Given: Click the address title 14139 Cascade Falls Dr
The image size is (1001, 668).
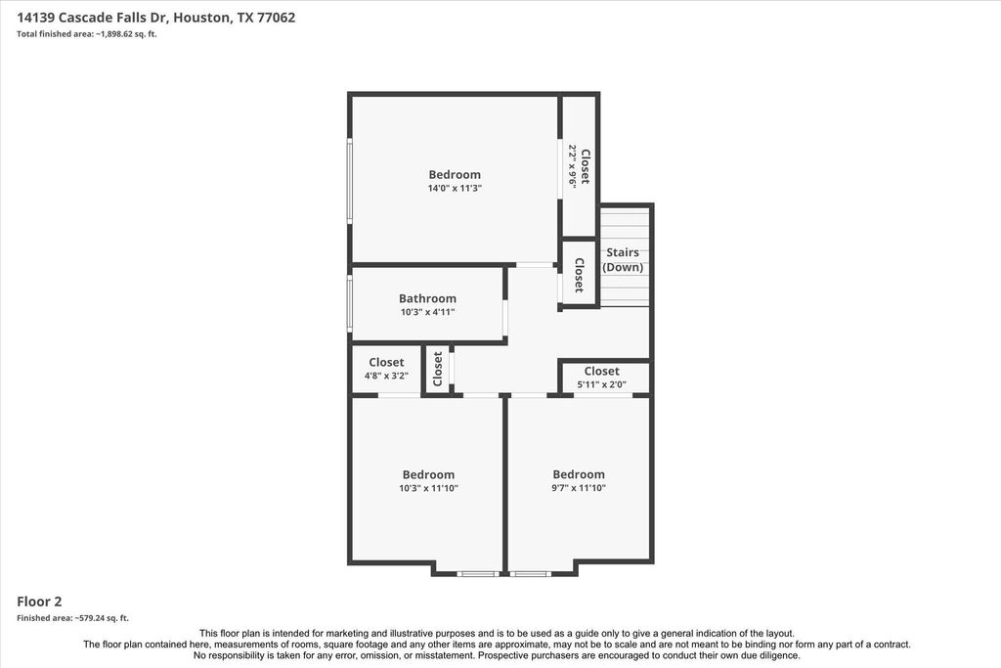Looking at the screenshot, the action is click(x=91, y=18).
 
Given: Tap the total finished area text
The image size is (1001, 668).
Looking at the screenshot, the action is click(x=87, y=34).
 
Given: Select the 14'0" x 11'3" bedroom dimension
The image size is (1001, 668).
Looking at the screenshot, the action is click(x=455, y=189).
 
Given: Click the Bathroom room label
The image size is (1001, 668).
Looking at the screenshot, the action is click(x=428, y=298).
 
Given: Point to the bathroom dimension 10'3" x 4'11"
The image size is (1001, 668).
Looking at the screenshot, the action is click(x=428, y=312).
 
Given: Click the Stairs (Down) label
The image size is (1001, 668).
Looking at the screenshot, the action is click(x=623, y=260).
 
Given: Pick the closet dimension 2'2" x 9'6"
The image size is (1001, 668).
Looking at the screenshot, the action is click(x=573, y=165).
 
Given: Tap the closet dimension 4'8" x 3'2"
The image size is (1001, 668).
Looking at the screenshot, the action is click(x=386, y=377).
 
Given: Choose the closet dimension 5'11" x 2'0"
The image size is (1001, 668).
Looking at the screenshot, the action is click(x=602, y=384).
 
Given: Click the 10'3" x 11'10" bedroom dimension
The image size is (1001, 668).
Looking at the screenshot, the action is click(x=428, y=489).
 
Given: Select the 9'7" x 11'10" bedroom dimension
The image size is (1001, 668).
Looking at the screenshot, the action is click(x=579, y=488).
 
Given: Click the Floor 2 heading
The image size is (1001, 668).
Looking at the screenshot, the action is click(x=39, y=601).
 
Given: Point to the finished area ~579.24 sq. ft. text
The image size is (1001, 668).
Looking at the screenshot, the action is click(x=72, y=618).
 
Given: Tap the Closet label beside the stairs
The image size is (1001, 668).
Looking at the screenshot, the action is click(x=580, y=275).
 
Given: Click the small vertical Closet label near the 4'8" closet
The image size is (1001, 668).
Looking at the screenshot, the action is click(x=437, y=369).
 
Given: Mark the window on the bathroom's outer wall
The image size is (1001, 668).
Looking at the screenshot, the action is click(x=350, y=303).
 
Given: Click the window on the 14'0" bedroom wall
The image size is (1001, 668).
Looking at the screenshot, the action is click(x=350, y=180).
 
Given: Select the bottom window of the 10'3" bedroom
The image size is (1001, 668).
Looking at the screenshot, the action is click(x=478, y=574).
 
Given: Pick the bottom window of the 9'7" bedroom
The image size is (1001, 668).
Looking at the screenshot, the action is click(x=531, y=574).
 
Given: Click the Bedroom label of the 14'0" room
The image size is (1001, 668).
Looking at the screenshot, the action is click(x=455, y=174).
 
